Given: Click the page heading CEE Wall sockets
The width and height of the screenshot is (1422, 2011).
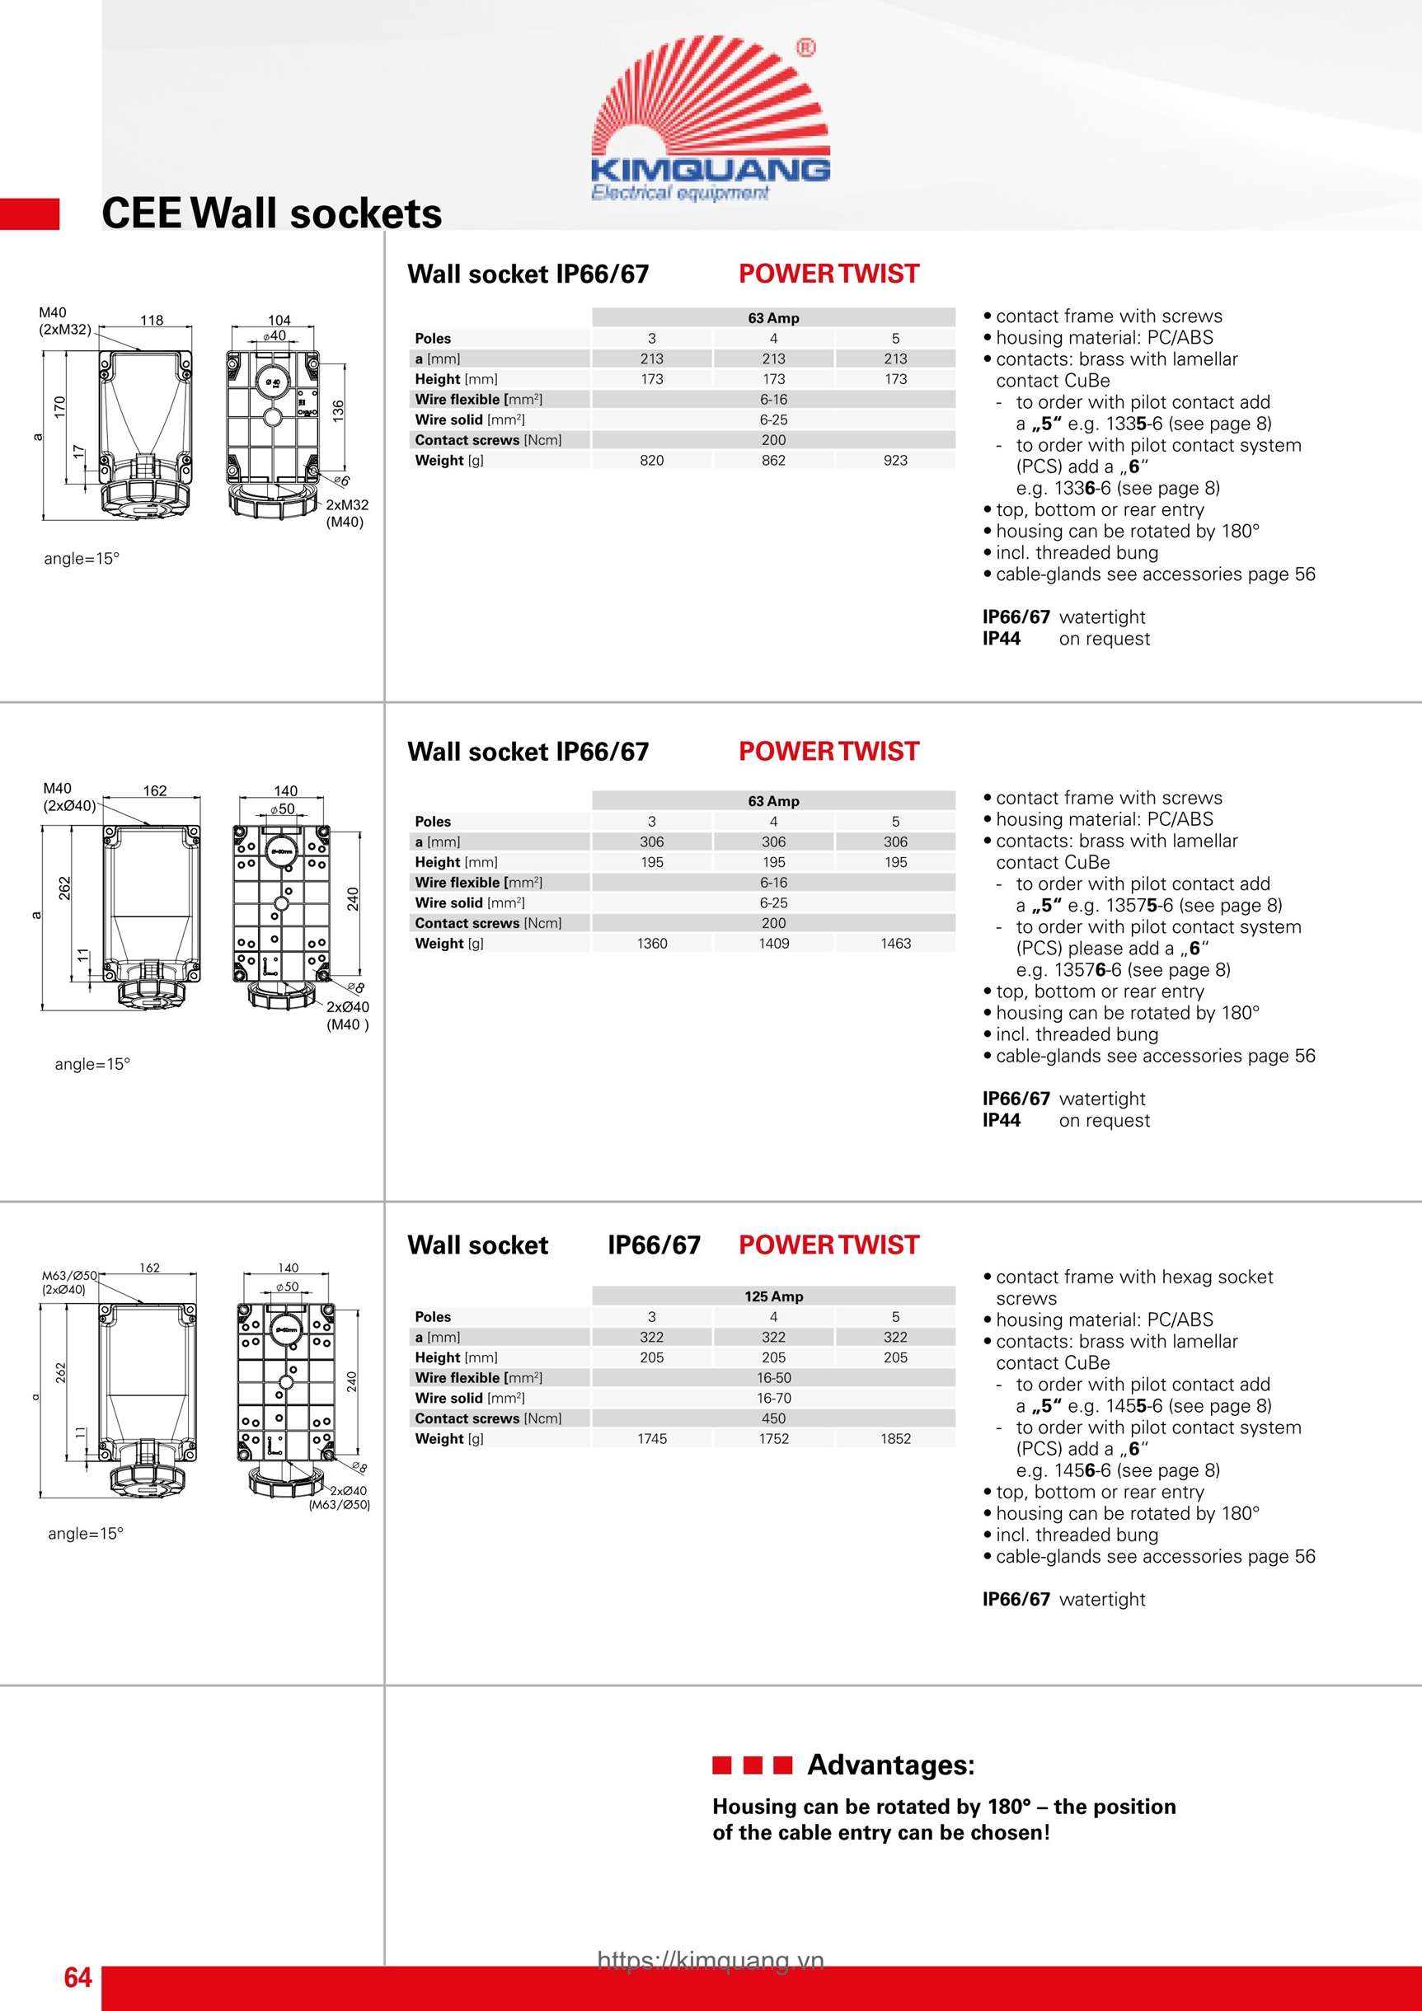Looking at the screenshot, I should [x=271, y=213].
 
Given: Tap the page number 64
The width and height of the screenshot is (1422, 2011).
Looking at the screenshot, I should [x=77, y=1977].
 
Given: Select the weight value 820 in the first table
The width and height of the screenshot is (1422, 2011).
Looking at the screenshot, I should [x=652, y=461].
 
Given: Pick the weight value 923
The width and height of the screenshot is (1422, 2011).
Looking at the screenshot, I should [x=895, y=461].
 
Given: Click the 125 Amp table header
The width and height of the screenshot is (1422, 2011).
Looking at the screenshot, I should [x=773, y=1296].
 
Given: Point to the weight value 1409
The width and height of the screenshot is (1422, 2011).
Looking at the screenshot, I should [x=773, y=944].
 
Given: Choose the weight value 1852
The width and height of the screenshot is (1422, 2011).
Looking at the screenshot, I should [x=895, y=1439].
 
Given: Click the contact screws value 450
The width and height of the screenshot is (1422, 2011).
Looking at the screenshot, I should [x=773, y=1419].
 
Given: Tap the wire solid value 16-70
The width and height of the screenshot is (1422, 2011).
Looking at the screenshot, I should [x=773, y=1399].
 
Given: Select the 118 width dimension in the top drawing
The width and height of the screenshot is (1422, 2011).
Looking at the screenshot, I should [x=152, y=321].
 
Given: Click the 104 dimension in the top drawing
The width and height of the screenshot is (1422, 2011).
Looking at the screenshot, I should [x=279, y=321].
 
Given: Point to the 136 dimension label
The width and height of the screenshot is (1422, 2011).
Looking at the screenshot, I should [x=339, y=410].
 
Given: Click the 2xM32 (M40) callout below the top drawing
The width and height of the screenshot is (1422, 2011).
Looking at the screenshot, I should [x=347, y=513].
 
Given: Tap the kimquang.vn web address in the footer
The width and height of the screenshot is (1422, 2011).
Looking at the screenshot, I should [x=711, y=1960].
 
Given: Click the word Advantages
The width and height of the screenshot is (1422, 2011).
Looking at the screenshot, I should [x=890, y=1765].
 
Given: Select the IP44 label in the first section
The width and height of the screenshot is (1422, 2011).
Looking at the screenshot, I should [x=1002, y=640].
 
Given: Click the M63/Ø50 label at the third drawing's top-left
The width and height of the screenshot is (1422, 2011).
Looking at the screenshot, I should [x=69, y=1276].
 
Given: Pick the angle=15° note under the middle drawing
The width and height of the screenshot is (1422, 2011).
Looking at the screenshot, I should [x=92, y=1064].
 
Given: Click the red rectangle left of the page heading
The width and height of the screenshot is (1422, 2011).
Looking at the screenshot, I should [x=30, y=214].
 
